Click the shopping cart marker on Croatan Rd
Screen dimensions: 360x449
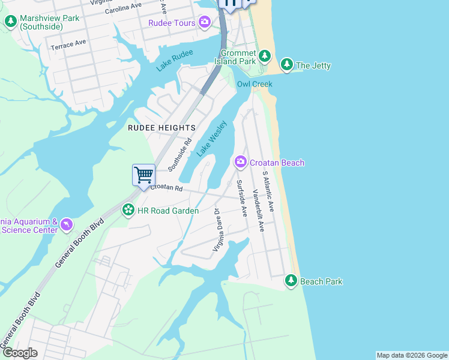coord(143,176)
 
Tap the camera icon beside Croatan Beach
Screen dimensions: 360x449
coord(241,162)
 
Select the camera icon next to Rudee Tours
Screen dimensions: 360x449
coord(205,23)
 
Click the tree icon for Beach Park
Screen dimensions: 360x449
coord(291,280)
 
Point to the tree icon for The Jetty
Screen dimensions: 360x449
coord(287,65)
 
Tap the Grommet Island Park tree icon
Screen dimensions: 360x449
coord(265,58)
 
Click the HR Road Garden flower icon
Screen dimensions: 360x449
coord(128,210)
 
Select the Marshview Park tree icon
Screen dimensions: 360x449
coord(11,22)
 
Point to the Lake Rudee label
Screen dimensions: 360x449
coord(175,61)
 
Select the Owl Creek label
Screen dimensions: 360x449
coord(255,84)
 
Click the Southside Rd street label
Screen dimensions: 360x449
coord(180,154)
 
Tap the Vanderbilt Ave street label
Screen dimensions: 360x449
coord(258,210)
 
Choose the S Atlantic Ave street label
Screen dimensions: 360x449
coord(268,191)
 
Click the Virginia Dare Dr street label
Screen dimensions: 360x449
coord(218,230)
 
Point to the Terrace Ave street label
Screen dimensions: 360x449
coord(68,44)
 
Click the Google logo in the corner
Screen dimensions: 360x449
coord(20,353)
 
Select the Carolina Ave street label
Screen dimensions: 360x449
coord(123,8)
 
